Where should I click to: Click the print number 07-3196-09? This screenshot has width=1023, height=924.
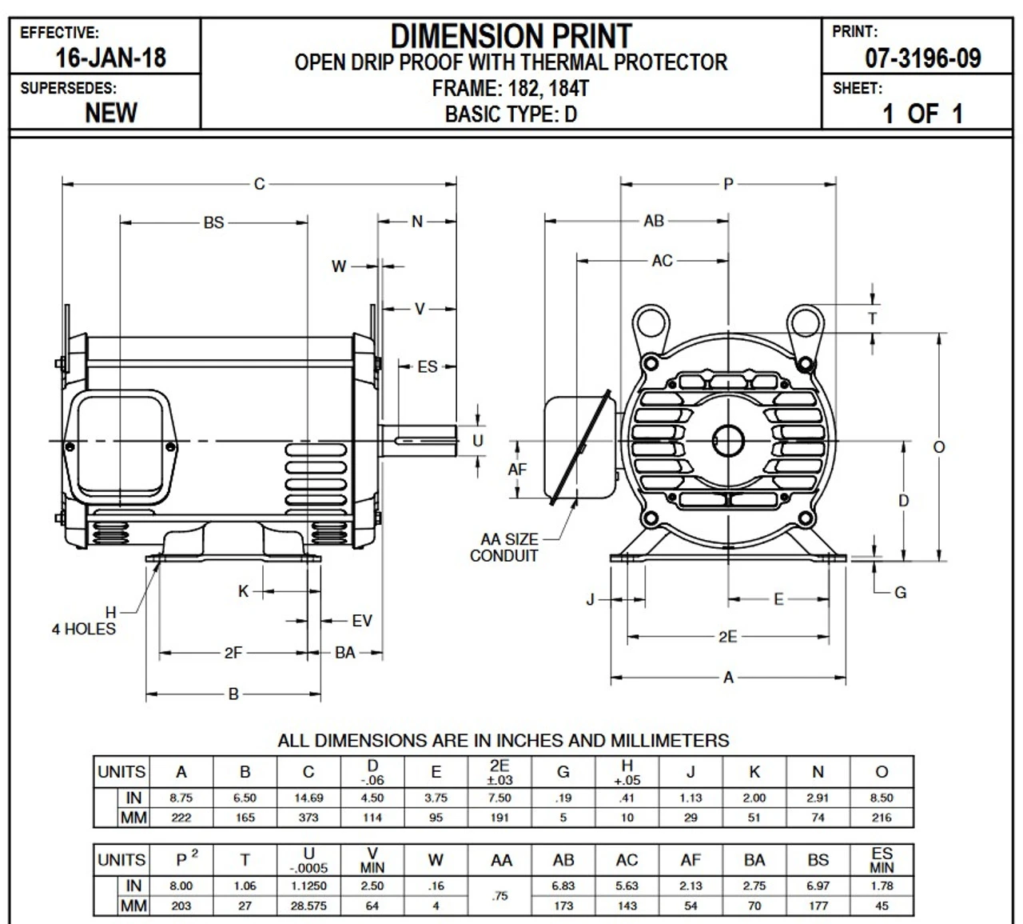click(922, 58)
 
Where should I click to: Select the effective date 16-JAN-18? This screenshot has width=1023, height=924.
click(110, 58)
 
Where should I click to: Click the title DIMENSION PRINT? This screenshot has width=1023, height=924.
click(511, 36)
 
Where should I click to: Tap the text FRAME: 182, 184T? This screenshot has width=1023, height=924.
click(511, 88)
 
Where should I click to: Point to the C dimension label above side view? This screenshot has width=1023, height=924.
click(259, 184)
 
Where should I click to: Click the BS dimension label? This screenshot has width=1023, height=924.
click(213, 222)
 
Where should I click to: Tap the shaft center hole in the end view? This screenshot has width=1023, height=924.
click(728, 441)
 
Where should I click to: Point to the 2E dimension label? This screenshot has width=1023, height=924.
click(727, 637)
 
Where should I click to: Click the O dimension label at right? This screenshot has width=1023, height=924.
click(939, 447)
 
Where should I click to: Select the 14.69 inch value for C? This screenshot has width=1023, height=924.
click(308, 798)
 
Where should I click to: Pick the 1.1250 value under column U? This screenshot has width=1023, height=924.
click(308, 886)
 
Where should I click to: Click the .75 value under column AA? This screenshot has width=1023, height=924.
click(500, 896)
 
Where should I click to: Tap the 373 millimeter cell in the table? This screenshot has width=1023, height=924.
click(308, 818)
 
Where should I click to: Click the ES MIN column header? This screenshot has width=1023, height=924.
click(882, 860)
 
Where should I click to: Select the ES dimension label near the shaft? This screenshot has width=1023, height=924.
click(428, 366)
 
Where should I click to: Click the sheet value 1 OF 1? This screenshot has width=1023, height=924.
click(922, 113)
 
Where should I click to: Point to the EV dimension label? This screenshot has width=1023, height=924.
click(362, 621)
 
